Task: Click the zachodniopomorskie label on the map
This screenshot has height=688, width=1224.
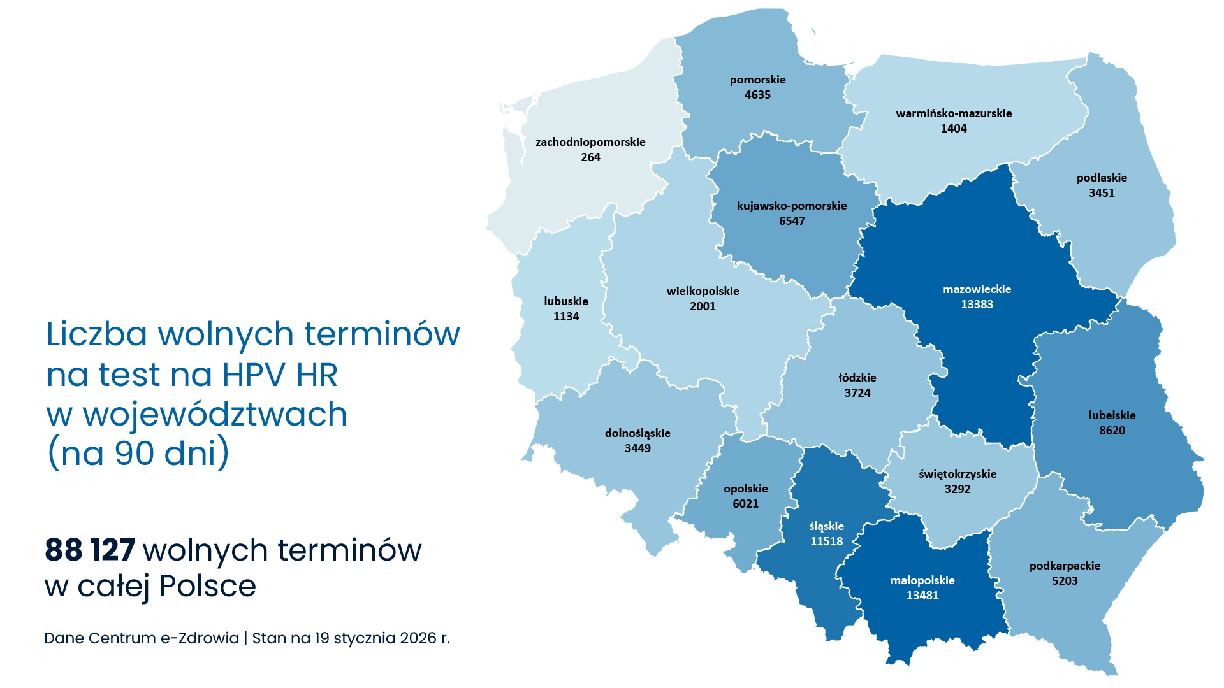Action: pyautogui.click(x=590, y=142)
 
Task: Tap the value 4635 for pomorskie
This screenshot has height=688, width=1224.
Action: pyautogui.click(x=757, y=95)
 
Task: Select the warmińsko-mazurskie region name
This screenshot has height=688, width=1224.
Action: pyautogui.click(x=954, y=113)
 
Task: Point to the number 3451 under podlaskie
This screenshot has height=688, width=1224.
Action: pyautogui.click(x=1102, y=193)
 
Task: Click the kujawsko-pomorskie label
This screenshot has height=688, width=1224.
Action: pyautogui.click(x=792, y=206)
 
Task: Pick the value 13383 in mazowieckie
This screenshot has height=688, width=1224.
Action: pyautogui.click(x=977, y=305)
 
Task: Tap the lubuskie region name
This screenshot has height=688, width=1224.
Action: pyautogui.click(x=566, y=301)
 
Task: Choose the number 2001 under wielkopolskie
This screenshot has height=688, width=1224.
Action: pyautogui.click(x=703, y=306)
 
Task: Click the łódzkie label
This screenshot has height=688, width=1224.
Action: pyautogui.click(x=857, y=378)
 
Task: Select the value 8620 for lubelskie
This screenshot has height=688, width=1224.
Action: pyautogui.click(x=1112, y=431)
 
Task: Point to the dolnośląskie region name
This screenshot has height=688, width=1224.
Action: pyautogui.click(x=637, y=433)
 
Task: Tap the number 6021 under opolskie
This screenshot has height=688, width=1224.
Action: pyautogui.click(x=745, y=504)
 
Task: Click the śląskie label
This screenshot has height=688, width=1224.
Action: pyautogui.click(x=826, y=526)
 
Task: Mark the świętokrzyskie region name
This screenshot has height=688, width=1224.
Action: pyautogui.click(x=957, y=474)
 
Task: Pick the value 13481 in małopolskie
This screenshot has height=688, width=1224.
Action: pyautogui.click(x=922, y=596)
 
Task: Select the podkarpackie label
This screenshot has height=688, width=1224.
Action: pyautogui.click(x=1065, y=566)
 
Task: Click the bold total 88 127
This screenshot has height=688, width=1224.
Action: pyautogui.click(x=90, y=550)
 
